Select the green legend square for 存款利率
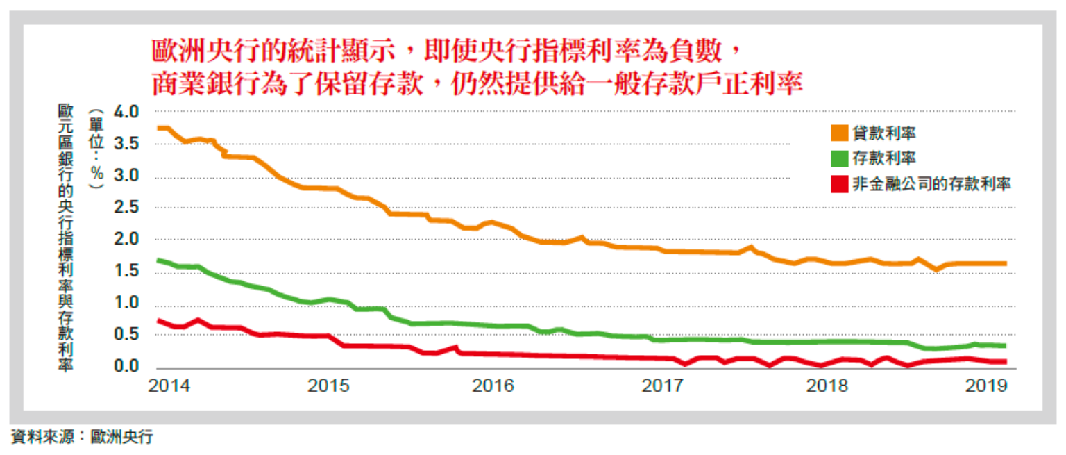(x=839, y=158)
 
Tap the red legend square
(x=839, y=183)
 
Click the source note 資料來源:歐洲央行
(x=82, y=438)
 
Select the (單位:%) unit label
(x=96, y=150)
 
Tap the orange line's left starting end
(x=159, y=128)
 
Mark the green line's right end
(x=1006, y=345)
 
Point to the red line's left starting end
(x=159, y=320)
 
